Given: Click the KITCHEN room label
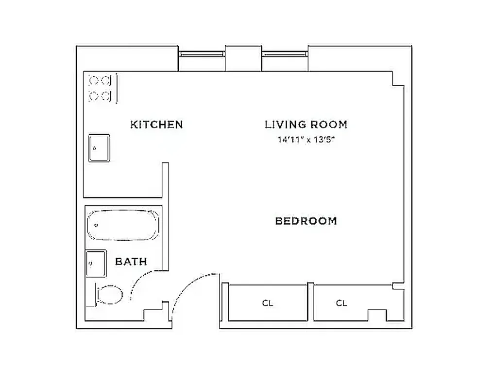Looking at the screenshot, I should (156, 124).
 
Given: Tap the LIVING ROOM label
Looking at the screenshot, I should (306, 124).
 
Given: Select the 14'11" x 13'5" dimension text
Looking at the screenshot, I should (306, 140).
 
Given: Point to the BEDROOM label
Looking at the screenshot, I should (306, 221).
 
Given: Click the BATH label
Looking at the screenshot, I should (131, 262).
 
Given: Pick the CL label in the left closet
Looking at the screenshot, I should (268, 303).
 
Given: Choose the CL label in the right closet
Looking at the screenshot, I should (341, 303).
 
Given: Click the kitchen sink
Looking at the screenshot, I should (99, 148).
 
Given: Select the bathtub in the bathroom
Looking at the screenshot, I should (123, 225).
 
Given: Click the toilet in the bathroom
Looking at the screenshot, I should (109, 294).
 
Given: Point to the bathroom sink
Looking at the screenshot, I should (96, 263).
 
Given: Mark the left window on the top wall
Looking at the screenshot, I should (202, 54).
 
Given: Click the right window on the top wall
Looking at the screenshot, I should (285, 54).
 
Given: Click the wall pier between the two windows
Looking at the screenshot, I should (243, 58).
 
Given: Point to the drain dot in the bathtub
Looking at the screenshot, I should (97, 225).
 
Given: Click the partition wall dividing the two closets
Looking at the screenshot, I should (310, 302).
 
